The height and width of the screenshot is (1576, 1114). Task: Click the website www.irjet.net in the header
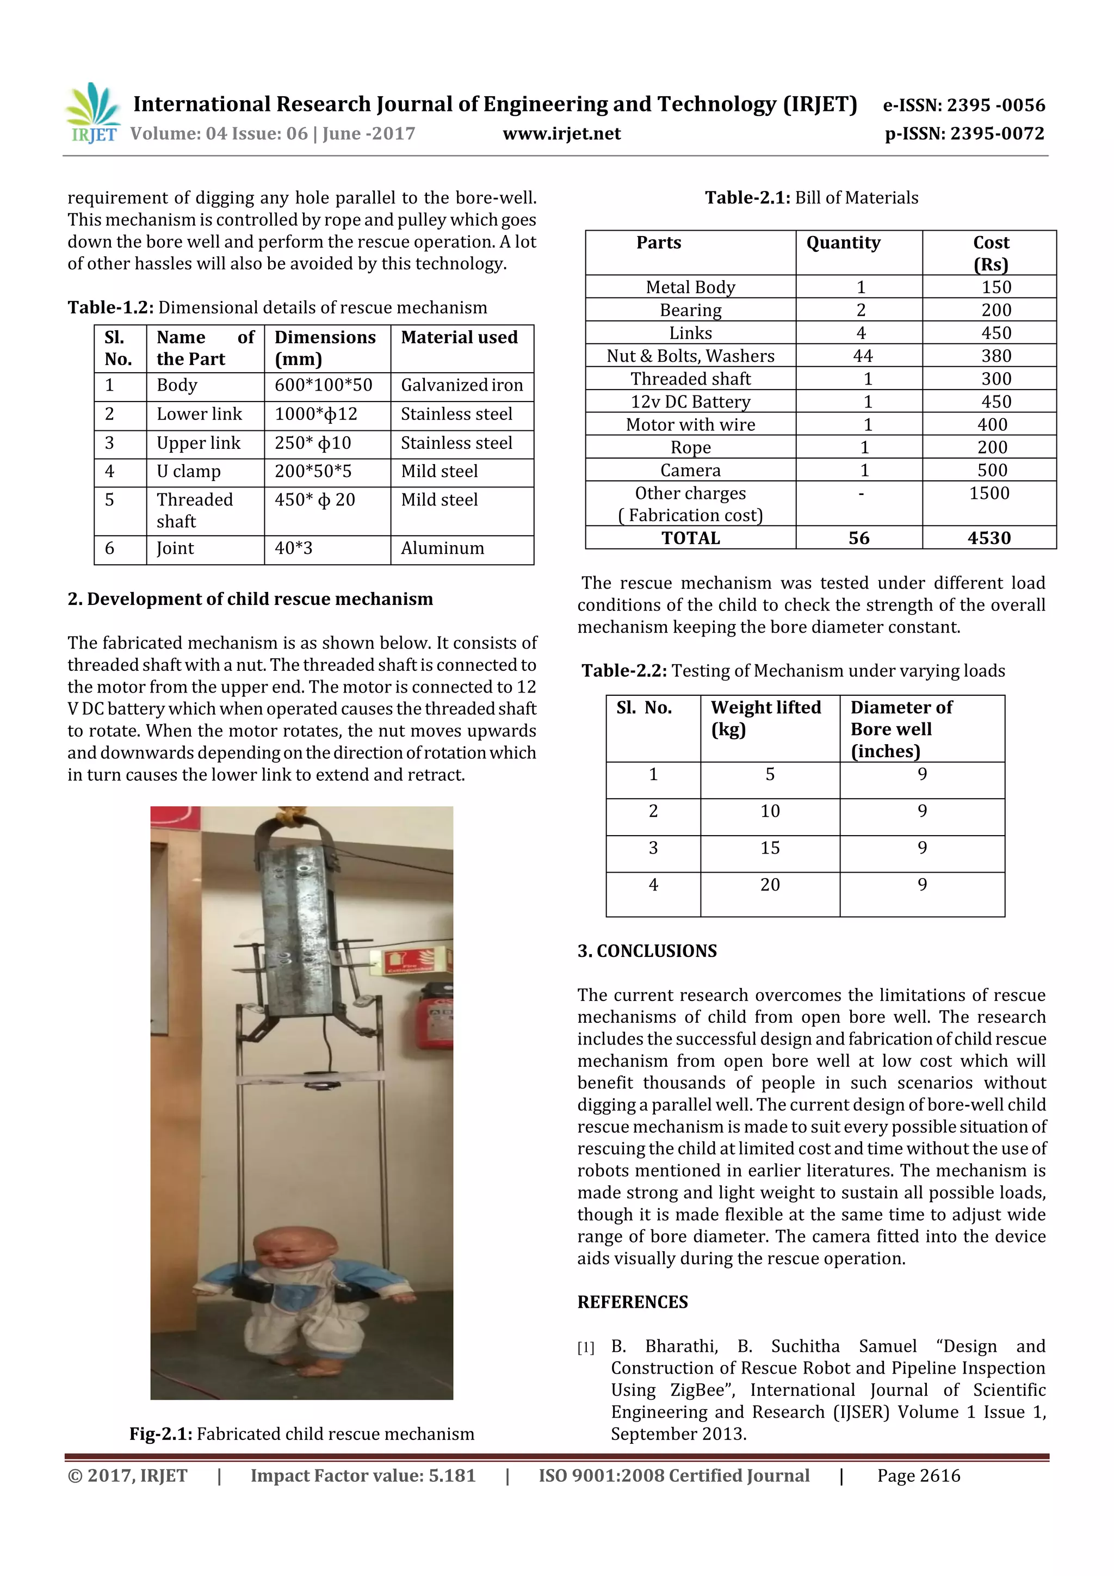pyautogui.click(x=561, y=134)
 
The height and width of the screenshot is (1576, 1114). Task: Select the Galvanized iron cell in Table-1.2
pyautogui.click(x=461, y=385)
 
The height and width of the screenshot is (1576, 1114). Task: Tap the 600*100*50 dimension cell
pyautogui.click(x=323, y=385)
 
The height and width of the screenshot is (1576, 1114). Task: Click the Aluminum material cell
pyautogui.click(x=442, y=548)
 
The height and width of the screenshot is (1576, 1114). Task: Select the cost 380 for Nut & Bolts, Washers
pyautogui.click(x=995, y=356)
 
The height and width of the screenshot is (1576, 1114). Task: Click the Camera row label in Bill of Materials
pyautogui.click(x=690, y=470)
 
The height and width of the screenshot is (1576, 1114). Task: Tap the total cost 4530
pyautogui.click(x=988, y=538)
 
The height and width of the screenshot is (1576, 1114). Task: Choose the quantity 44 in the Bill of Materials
pyautogui.click(x=862, y=356)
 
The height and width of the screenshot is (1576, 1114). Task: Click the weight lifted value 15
pyautogui.click(x=770, y=849)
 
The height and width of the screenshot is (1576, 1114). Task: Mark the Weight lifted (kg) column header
pyautogui.click(x=765, y=718)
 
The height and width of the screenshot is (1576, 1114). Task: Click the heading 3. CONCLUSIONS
pyautogui.click(x=647, y=951)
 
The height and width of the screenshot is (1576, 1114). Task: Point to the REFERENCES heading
pyautogui.click(x=632, y=1302)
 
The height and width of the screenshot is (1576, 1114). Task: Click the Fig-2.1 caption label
pyautogui.click(x=160, y=1434)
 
